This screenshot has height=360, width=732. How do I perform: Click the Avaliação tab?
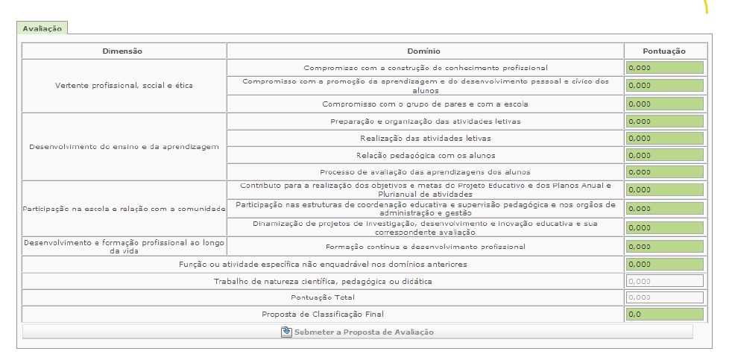42,28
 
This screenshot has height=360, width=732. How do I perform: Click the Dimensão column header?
122,51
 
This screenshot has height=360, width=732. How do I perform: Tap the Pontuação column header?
663,51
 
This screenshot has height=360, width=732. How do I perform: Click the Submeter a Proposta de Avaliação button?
358,332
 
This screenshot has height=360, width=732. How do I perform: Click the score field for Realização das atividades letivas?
665,138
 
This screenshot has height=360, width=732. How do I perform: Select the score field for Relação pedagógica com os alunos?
665,155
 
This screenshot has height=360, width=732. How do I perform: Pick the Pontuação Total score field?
665,297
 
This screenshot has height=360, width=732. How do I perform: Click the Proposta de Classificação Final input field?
665,315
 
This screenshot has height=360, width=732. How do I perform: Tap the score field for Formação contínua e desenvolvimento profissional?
665,246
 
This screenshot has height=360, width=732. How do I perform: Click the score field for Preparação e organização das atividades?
665,121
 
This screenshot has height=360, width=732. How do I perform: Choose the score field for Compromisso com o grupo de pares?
665,104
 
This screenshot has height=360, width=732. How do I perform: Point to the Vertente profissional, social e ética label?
124,85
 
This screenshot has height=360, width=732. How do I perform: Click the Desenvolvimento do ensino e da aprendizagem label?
124,146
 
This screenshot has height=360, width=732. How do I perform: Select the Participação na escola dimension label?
124,209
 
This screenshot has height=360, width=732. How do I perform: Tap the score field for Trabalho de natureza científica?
665,281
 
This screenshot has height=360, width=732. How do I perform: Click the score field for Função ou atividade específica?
665,264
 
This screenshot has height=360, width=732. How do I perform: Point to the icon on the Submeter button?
286,332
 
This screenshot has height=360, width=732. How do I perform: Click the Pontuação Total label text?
324,297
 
